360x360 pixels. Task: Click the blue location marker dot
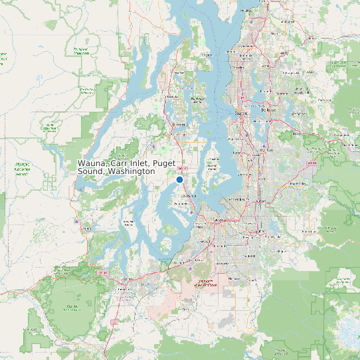(x=179, y=179)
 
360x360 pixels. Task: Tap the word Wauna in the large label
(x=91, y=163)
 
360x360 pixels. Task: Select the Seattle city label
(x=240, y=114)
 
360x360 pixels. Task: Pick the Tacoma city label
(x=217, y=221)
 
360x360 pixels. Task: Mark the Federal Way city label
(x=238, y=199)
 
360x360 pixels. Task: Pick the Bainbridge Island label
(x=197, y=100)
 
